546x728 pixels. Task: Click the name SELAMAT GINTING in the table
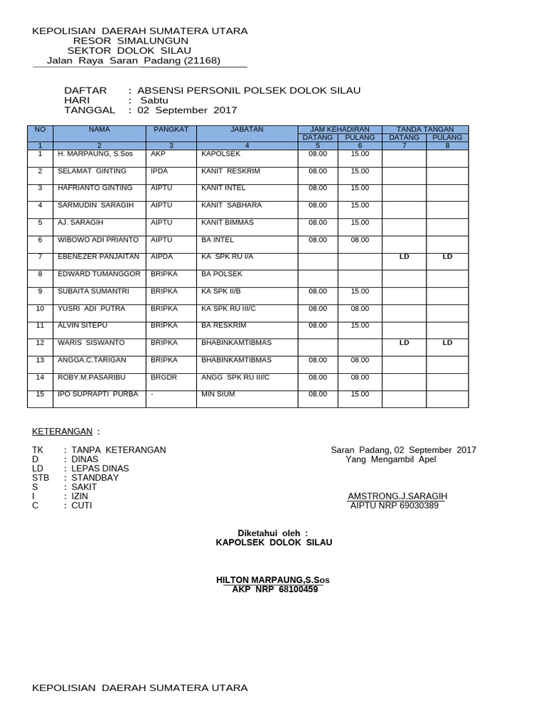tap(92, 171)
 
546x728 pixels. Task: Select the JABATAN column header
tap(247, 129)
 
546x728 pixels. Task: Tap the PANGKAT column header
tap(171, 129)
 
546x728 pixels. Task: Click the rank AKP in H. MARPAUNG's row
tap(158, 154)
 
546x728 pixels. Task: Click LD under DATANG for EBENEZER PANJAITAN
tap(405, 257)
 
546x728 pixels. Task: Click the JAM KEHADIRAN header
tap(340, 129)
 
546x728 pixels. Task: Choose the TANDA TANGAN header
tap(425, 129)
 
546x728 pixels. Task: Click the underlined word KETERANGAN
tap(63, 432)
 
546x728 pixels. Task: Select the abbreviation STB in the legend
tap(41, 478)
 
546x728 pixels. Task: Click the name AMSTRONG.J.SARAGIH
tap(397, 496)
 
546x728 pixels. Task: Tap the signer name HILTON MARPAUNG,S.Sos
tap(272, 580)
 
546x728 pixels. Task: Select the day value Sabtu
tap(154, 100)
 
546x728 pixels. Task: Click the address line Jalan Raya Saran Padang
tap(134, 60)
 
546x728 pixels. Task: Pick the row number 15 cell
tap(41, 394)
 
